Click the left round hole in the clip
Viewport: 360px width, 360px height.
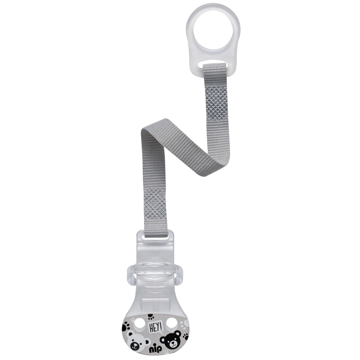[x=140, y=324]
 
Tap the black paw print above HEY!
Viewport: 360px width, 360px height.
[x=151, y=317]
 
